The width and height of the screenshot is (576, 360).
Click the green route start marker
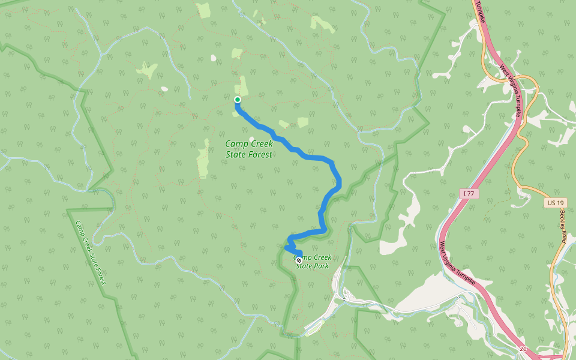238,100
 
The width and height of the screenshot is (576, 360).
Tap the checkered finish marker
299,260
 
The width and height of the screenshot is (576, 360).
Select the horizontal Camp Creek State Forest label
249,149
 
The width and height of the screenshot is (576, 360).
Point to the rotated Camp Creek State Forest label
91,251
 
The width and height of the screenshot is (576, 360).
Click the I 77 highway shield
470,193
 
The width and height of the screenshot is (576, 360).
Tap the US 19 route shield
553,203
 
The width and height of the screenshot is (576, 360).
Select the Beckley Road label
566,225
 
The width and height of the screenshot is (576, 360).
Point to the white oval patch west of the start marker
164,89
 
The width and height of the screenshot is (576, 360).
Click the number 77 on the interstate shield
472,193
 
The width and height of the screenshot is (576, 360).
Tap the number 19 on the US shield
556,203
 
